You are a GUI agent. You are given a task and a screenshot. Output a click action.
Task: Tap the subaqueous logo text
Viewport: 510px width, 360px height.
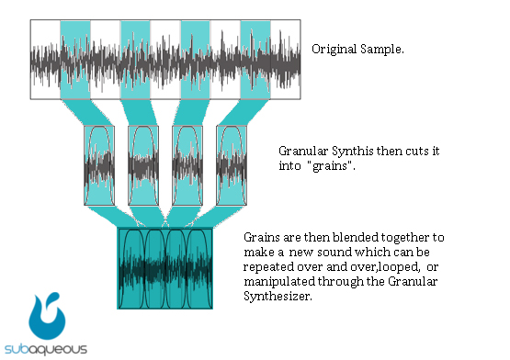click(x=46, y=349)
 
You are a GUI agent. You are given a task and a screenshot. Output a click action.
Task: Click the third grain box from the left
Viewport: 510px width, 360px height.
click(x=187, y=164)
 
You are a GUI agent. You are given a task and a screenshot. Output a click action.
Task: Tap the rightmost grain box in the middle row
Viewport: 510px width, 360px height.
click(x=231, y=164)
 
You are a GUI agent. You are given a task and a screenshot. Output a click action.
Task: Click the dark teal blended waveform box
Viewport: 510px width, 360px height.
click(x=165, y=267)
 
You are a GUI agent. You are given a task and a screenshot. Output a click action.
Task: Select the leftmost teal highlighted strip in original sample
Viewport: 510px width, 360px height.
click(x=75, y=58)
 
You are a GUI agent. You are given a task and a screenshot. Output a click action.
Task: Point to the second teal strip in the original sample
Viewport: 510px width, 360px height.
click(x=135, y=58)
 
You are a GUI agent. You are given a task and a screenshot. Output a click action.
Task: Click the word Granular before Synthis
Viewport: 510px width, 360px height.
click(x=302, y=149)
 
